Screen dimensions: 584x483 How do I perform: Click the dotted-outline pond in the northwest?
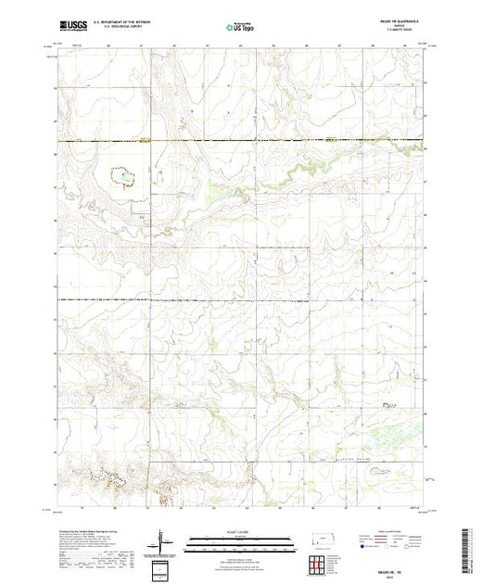coord(122,176)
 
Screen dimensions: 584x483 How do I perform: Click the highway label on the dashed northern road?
coord(144,141)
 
